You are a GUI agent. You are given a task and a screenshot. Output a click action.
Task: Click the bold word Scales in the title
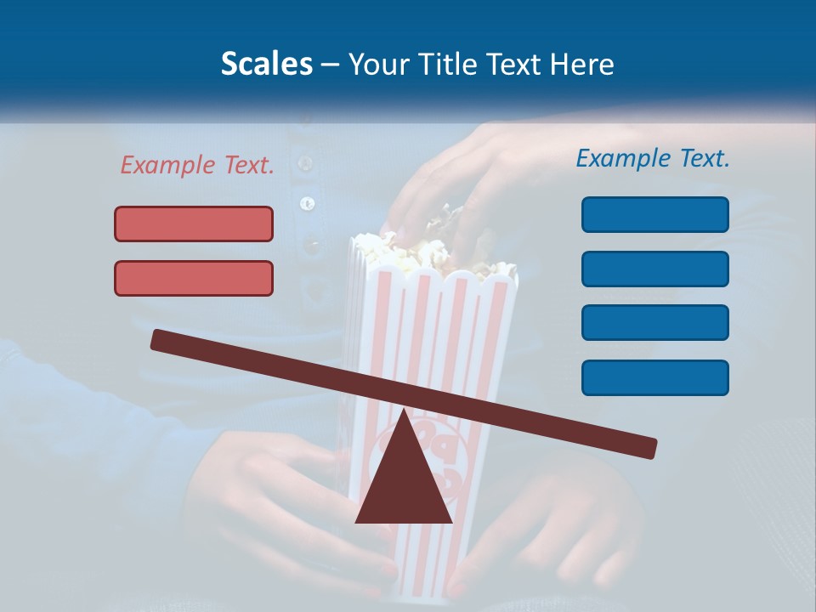pos(266,65)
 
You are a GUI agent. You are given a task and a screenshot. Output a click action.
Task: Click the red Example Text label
pos(197,165)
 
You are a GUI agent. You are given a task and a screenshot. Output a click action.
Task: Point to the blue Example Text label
pos(653,158)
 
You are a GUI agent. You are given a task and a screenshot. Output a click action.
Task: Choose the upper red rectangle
pos(194,224)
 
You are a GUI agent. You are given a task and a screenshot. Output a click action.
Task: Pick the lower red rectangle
pos(194,278)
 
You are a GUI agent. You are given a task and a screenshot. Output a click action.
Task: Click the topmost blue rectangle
pos(654,214)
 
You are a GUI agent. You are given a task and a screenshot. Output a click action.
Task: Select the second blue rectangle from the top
pos(654,269)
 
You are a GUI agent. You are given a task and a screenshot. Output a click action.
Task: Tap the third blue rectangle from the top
pos(654,322)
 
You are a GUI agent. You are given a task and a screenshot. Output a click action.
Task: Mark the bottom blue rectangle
pos(654,377)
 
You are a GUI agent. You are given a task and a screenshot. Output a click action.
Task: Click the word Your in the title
pos(374,65)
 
